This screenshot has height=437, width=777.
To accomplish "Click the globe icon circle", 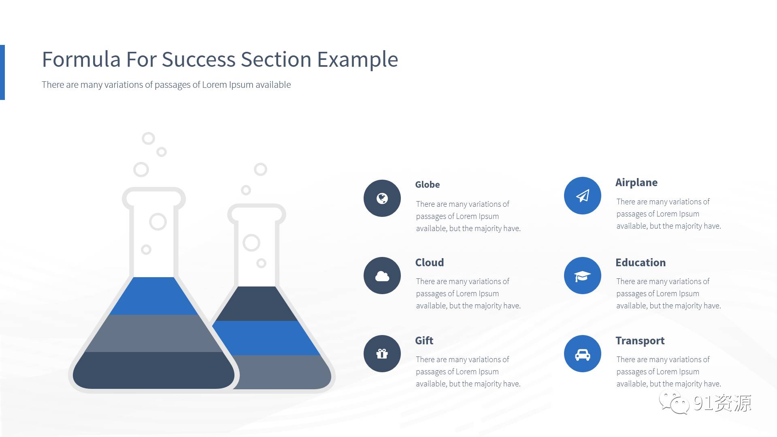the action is (382, 198).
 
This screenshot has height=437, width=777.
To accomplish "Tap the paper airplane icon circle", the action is (582, 195).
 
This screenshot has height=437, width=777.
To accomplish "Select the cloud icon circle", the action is (382, 276).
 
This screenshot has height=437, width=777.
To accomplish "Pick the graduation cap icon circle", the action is (582, 276).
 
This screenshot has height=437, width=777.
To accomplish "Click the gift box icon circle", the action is (382, 354).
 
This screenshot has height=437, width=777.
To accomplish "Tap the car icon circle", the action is (582, 354).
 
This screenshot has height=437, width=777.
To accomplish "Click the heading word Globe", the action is (427, 185).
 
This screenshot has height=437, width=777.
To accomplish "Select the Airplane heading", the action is (636, 183).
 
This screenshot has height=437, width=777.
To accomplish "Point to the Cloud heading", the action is (429, 263).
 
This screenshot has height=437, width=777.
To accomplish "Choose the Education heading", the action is (640, 263).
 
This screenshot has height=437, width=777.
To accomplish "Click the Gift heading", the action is (424, 341).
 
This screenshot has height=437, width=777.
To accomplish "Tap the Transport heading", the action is (640, 341).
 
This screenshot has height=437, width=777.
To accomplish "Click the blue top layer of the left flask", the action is (153, 296).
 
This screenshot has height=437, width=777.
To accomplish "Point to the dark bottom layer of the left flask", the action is (153, 370).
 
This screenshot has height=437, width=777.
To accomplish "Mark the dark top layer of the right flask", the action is (257, 304).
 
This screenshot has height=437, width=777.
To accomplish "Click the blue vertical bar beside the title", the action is (2, 72).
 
